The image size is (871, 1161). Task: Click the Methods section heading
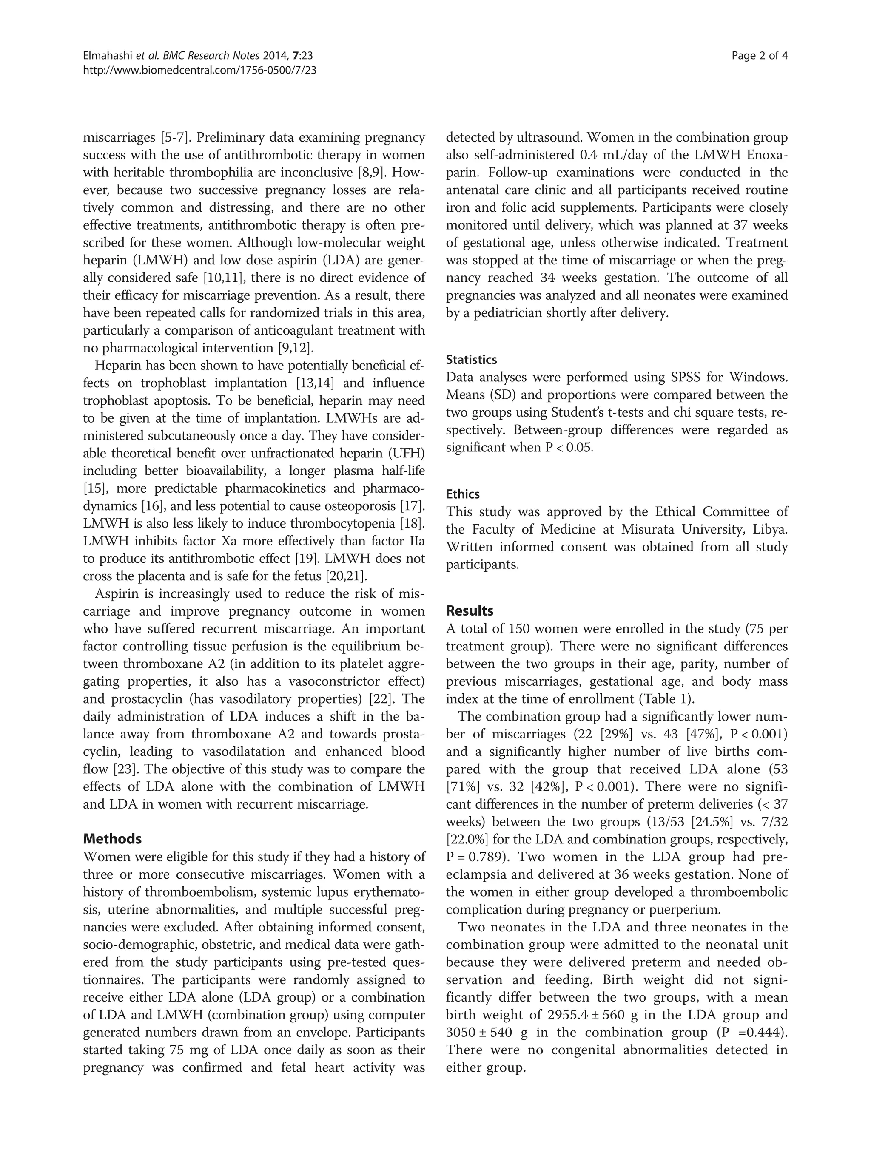pyautogui.click(x=112, y=839)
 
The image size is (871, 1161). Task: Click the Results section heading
pyautogui.click(x=470, y=610)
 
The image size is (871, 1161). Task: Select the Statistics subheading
pyautogui.click(x=471, y=360)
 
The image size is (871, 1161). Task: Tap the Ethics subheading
pyautogui.click(x=463, y=494)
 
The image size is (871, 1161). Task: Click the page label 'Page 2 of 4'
pyautogui.click(x=759, y=56)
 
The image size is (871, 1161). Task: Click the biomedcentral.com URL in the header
pyautogui.click(x=199, y=70)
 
